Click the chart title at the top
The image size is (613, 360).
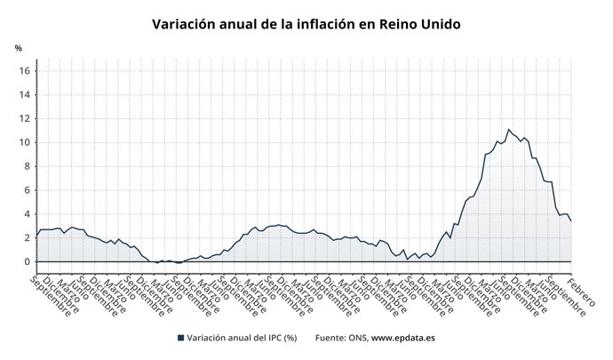pos(306,24)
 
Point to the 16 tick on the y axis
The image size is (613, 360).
pos(26,71)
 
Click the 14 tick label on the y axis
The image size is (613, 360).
pos(26,95)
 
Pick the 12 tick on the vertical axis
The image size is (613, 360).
pos(26,119)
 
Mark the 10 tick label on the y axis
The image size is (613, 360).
pos(26,142)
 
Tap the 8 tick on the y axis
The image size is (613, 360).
pos(28,166)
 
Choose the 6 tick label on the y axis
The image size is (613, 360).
pos(28,190)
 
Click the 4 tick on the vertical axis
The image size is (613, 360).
pos(28,214)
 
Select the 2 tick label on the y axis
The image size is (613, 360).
pos(28,238)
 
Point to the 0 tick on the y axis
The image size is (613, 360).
pos(28,261)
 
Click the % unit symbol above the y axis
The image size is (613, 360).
pos(18,48)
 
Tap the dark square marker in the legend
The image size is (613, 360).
pos(180,338)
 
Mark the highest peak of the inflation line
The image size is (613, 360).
pos(509,130)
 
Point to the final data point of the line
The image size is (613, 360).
pos(570,220)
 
